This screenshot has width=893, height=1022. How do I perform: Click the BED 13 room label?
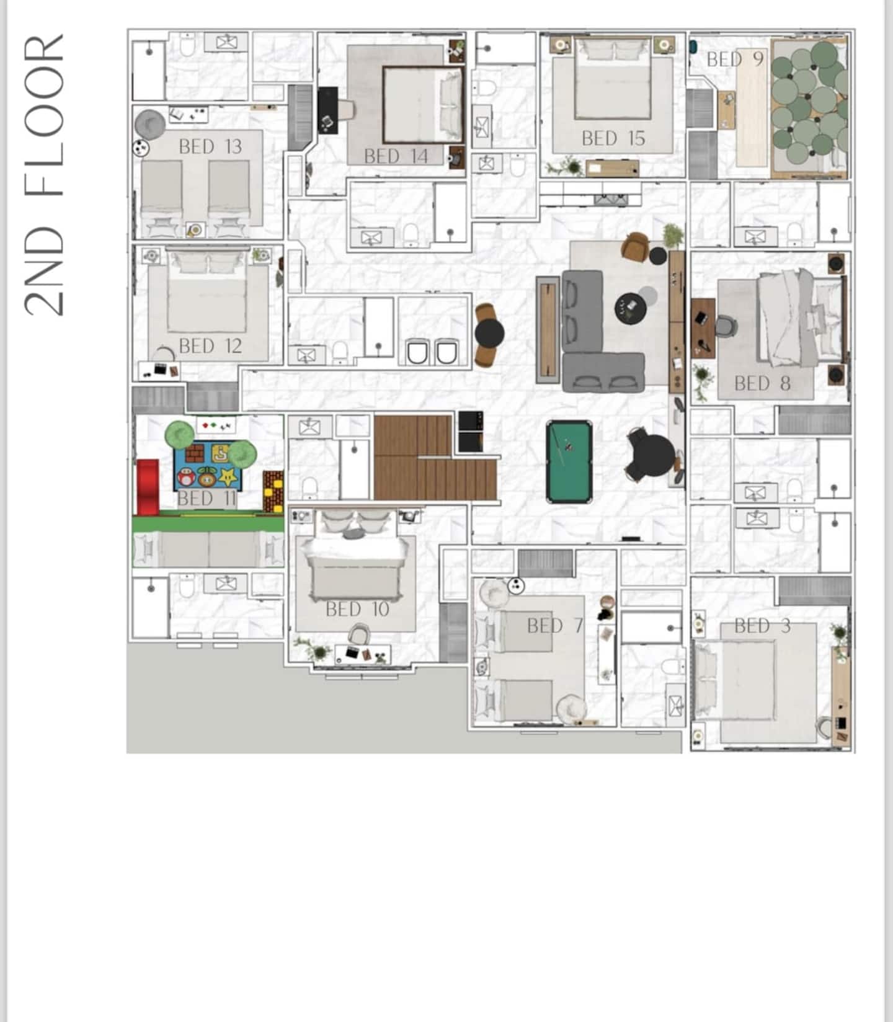210,147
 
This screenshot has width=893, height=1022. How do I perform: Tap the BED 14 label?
396,156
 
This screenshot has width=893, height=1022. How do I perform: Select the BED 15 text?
613,138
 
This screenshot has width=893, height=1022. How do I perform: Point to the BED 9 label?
735,60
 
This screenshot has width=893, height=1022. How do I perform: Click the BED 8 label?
762,384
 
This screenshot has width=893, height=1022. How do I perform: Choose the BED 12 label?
210,346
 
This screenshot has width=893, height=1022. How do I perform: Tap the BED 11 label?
207,498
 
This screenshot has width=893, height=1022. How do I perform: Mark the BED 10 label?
357,610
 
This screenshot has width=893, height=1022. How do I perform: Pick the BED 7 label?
555,626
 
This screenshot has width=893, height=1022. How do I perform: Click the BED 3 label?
762,626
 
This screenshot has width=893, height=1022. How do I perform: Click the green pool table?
569,461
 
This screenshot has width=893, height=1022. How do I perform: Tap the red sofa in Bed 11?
148,487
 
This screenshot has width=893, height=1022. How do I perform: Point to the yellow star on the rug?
229,477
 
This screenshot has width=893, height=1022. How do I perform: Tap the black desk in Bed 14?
328,110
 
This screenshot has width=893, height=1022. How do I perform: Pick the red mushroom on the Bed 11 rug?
186,477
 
